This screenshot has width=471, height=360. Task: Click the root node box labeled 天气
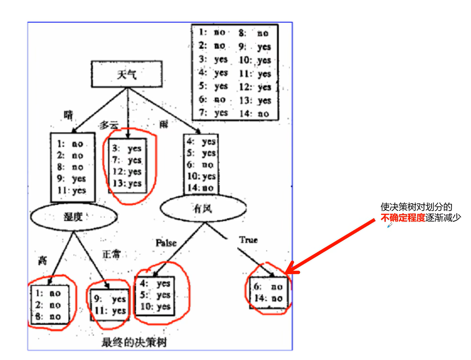127,74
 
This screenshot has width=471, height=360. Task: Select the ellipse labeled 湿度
73,217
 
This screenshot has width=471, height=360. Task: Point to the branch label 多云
109,125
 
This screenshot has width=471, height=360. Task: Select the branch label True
248,240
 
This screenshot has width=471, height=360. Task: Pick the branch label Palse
166,243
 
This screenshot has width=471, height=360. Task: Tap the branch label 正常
111,255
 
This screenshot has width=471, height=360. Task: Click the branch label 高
42,261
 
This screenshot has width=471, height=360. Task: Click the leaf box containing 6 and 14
268,293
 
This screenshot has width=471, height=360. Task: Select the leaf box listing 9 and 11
109,305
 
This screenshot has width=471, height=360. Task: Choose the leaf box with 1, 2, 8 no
49,305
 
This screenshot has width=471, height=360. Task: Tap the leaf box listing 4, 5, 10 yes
155,295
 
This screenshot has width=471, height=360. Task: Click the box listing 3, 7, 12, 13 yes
127,166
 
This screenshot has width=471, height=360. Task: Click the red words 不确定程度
403,218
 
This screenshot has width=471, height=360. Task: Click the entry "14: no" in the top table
255,113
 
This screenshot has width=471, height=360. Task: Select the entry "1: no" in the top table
212,32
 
